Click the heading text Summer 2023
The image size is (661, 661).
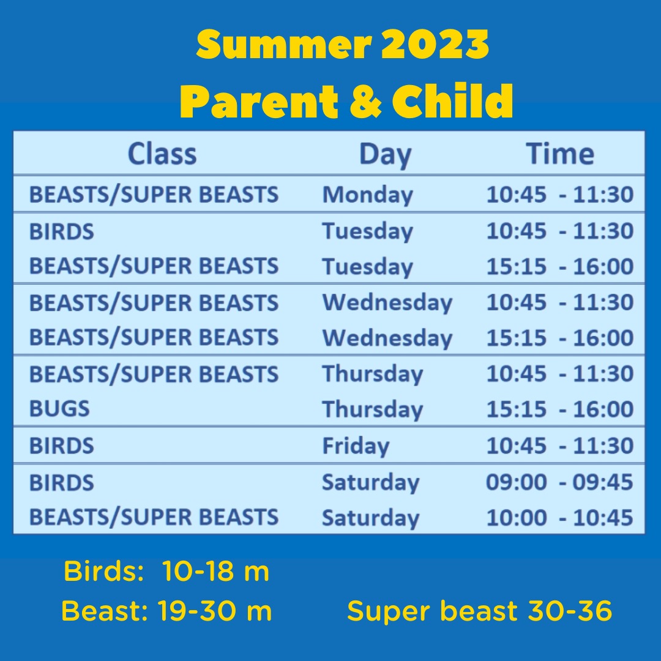coord(343,45)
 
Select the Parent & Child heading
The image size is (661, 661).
coord(346,101)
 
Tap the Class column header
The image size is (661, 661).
coord(162,154)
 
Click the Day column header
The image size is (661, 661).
coord(385,154)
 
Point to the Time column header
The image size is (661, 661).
coord(560,154)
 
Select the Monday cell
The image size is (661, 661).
coord(367,195)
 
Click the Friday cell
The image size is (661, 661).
coord(356,446)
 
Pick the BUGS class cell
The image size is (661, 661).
coord(59,409)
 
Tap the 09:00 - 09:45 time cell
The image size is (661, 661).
coord(559,482)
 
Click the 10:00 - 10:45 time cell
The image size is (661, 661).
coord(559,518)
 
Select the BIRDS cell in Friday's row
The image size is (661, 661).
coord(62,446)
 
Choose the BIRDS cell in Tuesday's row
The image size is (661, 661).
coord(62,231)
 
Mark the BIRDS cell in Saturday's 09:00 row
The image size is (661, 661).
coord(62,482)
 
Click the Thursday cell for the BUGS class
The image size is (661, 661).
coord(372,409)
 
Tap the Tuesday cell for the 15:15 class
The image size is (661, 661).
coord(367,267)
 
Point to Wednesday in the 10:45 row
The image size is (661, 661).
coord(387,302)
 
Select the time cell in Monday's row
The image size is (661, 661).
coord(559,195)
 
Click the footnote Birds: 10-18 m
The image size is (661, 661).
coord(166,572)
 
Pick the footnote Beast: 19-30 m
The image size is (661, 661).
coord(166,611)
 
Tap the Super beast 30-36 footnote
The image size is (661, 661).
coord(479,611)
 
